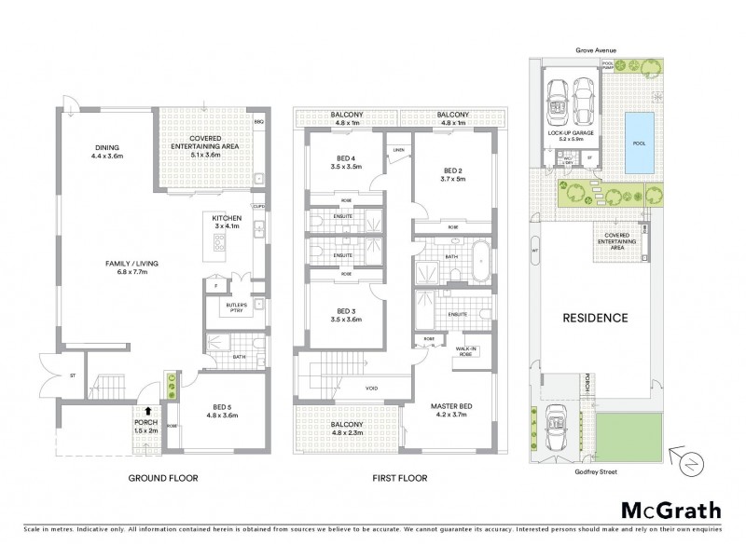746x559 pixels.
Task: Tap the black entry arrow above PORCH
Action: (147, 410)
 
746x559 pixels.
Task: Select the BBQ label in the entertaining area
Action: (258, 122)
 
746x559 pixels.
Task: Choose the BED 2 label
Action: (452, 174)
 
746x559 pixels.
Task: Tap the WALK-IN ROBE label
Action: (467, 351)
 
